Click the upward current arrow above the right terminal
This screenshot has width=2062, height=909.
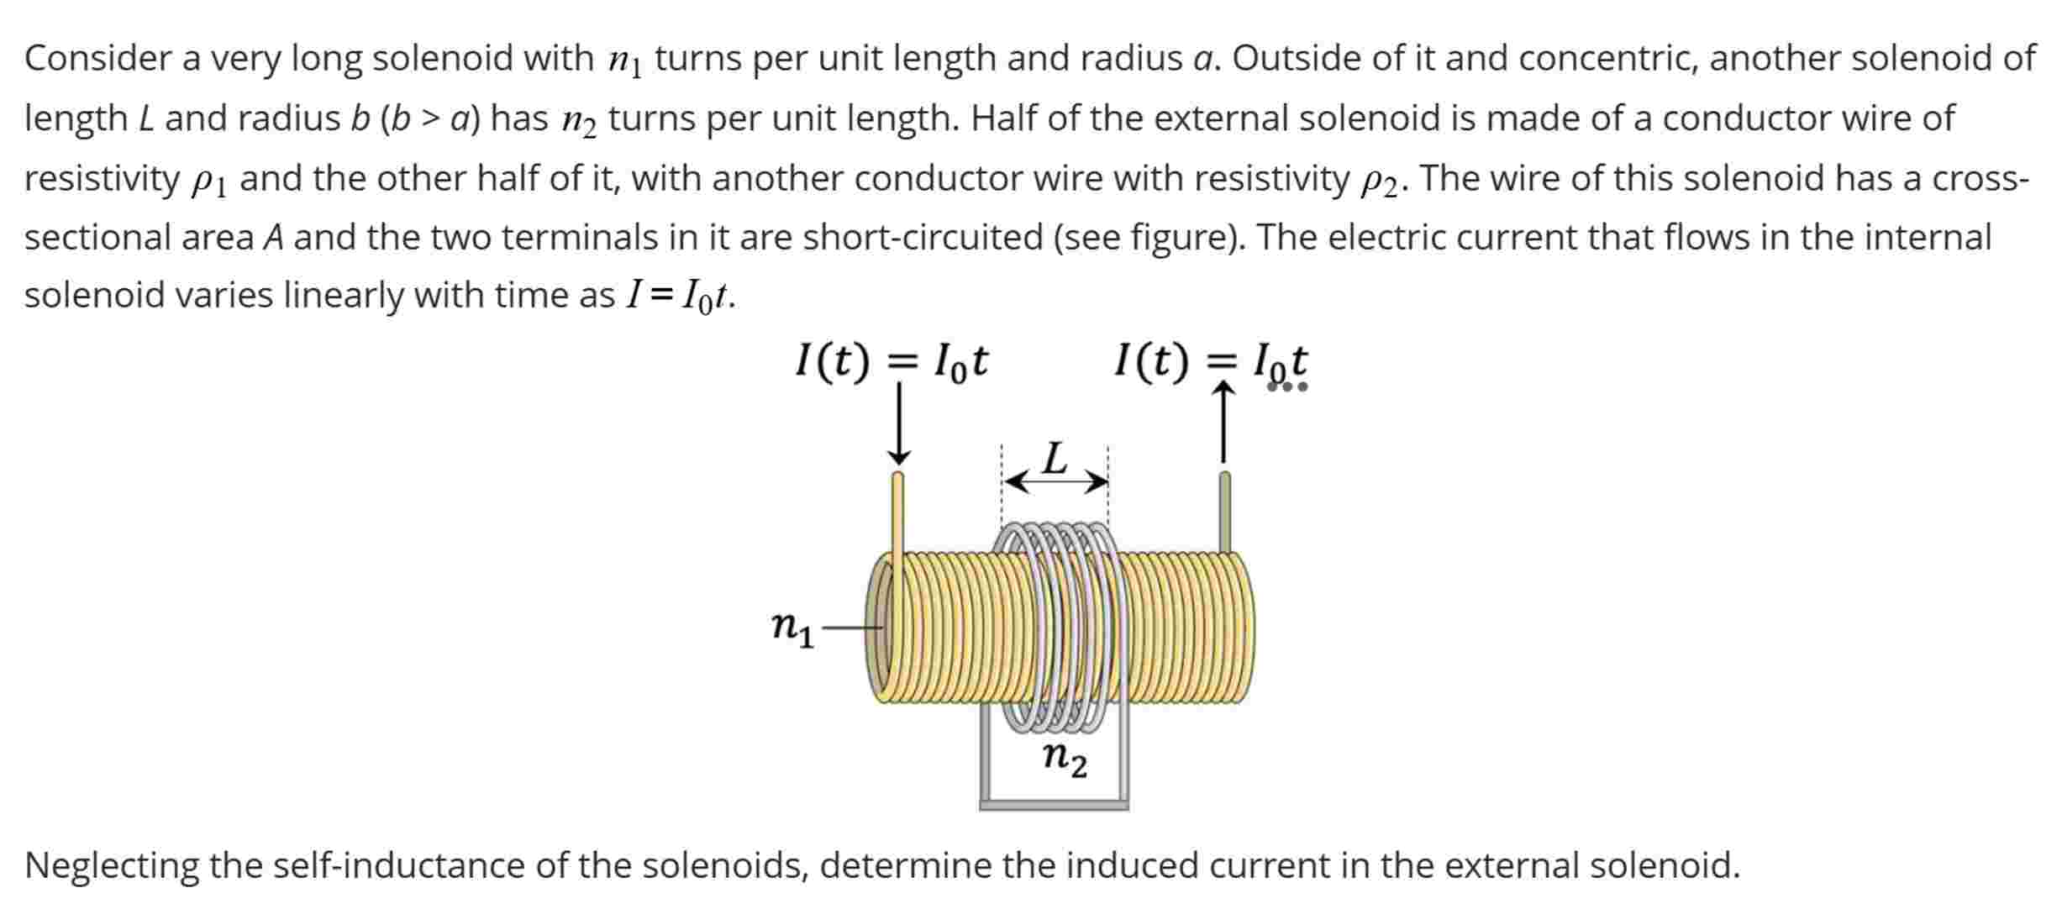[1224, 423]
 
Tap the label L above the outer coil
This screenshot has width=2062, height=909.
[1055, 459]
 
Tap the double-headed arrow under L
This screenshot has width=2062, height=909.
[1056, 482]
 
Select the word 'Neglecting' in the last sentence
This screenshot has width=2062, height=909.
[111, 865]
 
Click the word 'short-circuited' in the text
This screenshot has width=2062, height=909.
[923, 238]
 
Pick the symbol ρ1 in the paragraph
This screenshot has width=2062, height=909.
[209, 181]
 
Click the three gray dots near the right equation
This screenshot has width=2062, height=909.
[1287, 387]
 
